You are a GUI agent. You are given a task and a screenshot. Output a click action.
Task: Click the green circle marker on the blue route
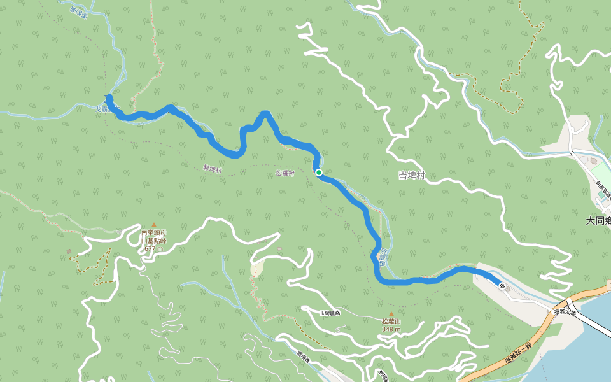pos(318,173)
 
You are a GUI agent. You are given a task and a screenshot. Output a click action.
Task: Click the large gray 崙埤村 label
pos(412,174)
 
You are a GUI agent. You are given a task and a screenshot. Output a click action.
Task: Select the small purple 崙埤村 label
pos(212,168)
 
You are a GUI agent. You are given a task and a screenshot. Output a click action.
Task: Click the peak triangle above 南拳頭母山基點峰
pos(153,225)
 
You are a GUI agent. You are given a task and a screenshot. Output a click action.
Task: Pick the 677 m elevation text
pos(153,248)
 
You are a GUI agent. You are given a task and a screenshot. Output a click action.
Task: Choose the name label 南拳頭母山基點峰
pos(153,237)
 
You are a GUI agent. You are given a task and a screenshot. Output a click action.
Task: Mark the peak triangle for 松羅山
pos(391,313)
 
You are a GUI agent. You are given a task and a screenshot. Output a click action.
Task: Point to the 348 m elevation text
pos(391,329)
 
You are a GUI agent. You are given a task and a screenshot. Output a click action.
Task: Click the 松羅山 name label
pos(391,322)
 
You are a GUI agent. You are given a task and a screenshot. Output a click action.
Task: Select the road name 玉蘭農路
pos(330,313)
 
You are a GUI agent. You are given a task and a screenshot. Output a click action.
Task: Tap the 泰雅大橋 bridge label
pos(565,313)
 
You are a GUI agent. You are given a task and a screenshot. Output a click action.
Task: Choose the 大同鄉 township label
pos(598,221)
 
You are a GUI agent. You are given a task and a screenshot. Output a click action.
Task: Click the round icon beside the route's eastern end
pos(503,286)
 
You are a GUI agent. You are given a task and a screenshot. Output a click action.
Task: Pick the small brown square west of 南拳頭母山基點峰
pos(69,251)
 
